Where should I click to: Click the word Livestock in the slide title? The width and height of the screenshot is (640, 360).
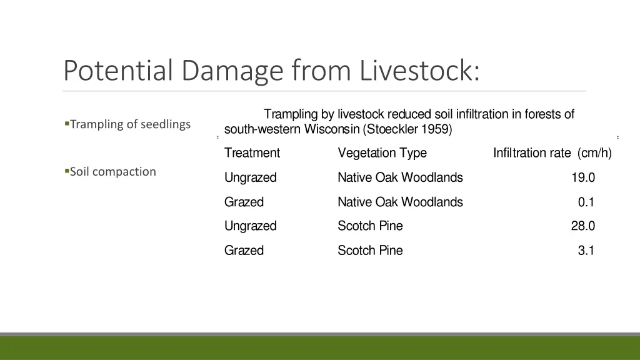(x=420, y=70)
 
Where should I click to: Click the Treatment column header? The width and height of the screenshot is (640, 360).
(x=252, y=153)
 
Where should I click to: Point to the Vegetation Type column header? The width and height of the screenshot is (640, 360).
(x=382, y=153)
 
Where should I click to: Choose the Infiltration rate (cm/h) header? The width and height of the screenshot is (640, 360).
(x=552, y=153)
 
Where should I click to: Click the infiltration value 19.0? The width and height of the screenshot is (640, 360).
(x=582, y=178)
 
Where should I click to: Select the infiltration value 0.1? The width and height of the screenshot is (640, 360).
(x=586, y=202)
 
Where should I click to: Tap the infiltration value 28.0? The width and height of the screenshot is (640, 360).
(x=582, y=226)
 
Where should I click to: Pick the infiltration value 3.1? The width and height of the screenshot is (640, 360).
(x=586, y=251)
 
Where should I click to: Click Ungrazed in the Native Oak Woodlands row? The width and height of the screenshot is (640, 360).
(x=250, y=178)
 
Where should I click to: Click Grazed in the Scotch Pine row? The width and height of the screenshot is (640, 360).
(x=244, y=251)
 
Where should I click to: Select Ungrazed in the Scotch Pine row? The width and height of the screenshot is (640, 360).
(x=250, y=226)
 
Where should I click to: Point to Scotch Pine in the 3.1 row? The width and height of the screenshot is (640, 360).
(x=370, y=251)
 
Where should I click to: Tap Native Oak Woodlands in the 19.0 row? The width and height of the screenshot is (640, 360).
(x=400, y=178)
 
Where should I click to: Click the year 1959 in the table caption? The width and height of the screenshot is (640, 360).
(x=435, y=130)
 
